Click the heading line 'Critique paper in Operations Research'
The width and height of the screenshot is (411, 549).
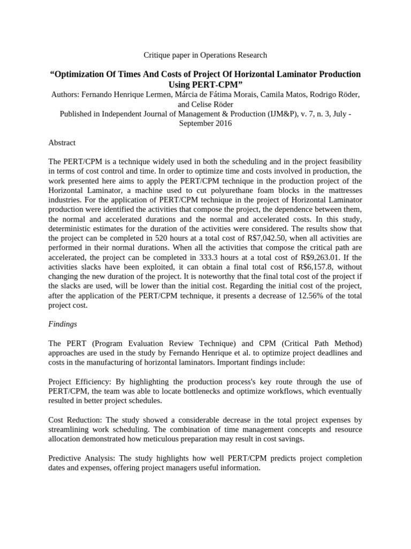click(205, 55)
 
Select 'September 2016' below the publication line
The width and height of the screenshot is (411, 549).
click(205, 123)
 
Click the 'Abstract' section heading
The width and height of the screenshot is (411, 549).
click(62, 143)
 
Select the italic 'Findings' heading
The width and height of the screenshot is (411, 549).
click(63, 324)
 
